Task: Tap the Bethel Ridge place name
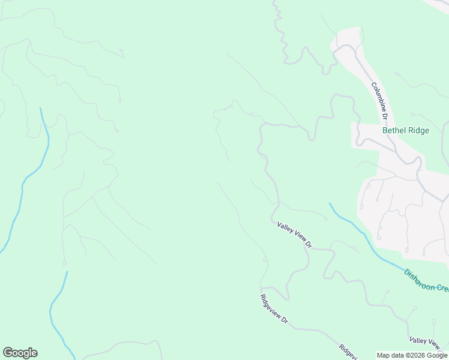coord(406,130)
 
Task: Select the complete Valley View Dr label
coord(295,235)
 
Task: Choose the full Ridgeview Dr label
coord(274,310)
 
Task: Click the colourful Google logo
coord(20,353)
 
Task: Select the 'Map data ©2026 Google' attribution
coord(412,355)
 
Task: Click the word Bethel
coord(394,130)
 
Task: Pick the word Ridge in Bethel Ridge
coord(418,130)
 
